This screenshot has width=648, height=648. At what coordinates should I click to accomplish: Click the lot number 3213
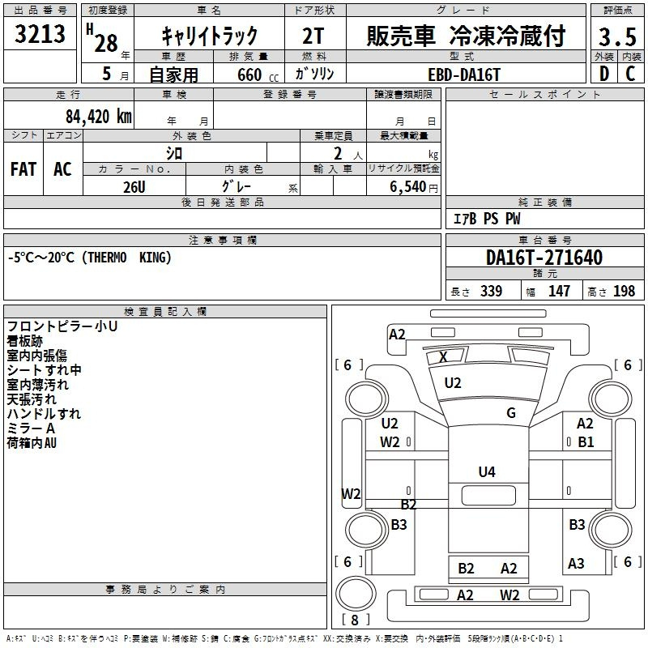[40, 34]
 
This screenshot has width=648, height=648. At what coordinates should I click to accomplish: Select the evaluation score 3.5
[617, 36]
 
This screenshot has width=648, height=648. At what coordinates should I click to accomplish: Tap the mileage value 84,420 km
[98, 117]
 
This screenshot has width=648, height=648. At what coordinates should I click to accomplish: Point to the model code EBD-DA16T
[464, 75]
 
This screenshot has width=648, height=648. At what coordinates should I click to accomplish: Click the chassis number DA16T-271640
[544, 258]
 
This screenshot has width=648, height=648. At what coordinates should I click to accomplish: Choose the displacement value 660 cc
[258, 75]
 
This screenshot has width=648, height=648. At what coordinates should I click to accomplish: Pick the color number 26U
[134, 187]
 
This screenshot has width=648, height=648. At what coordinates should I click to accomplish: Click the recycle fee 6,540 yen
[413, 187]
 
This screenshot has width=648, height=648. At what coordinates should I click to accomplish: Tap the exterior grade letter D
[604, 74]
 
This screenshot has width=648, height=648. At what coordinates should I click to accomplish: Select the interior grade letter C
[630, 74]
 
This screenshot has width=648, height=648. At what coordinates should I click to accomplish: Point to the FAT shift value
[23, 169]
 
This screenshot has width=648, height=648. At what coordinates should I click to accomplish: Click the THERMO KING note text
[127, 258]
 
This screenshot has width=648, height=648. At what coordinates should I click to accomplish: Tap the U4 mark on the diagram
[487, 471]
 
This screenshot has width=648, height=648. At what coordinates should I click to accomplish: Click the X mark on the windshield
[443, 356]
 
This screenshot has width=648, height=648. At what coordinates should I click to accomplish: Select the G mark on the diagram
[511, 412]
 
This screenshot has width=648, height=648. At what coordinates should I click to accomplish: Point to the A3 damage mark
[576, 563]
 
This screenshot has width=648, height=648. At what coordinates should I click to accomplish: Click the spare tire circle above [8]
[356, 593]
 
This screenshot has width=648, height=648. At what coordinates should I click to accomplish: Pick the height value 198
[624, 291]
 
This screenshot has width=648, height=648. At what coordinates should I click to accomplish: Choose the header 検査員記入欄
[165, 312]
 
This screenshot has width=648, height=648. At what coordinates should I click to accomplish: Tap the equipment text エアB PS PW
[487, 219]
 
